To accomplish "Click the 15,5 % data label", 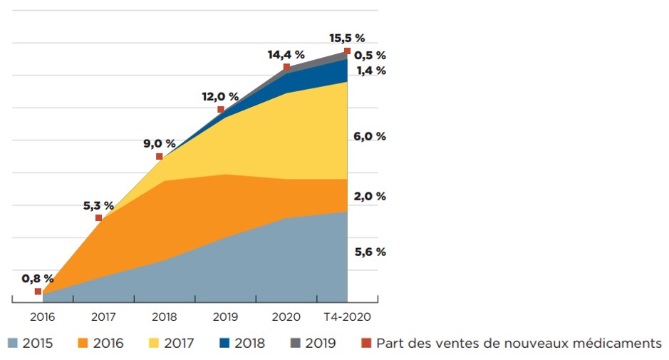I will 347,37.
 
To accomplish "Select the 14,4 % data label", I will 286,54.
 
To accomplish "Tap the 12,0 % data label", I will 220,96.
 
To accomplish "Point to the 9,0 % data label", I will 160,143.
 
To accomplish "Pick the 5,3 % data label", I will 98,205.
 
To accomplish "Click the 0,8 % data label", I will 38,279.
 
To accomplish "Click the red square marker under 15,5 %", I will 347,51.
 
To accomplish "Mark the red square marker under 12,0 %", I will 221,110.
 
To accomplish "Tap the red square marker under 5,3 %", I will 98,218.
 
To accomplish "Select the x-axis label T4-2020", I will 347,316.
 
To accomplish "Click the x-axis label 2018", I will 164,316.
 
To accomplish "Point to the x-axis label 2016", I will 43,316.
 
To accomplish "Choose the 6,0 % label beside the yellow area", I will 369,136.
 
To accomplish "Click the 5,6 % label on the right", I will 369,252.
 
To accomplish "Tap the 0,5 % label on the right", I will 369,55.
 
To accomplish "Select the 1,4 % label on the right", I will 369,71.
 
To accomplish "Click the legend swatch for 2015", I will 12,344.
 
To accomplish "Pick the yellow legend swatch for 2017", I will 153,344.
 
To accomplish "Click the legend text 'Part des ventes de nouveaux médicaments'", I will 519,344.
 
